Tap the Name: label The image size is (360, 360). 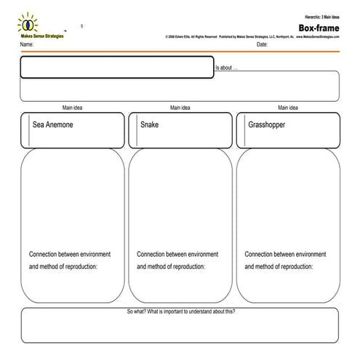[x=28, y=45]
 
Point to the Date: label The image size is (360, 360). [x=263, y=45]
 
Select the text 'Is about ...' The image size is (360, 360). [x=226, y=68]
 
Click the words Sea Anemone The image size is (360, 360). [x=53, y=124]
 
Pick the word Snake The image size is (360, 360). [x=149, y=124]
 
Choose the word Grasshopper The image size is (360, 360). [x=266, y=124]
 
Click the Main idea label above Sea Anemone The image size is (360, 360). [x=72, y=108]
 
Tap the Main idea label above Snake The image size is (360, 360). [x=180, y=108]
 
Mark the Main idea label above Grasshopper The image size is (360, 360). [x=288, y=108]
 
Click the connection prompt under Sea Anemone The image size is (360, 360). [x=70, y=260]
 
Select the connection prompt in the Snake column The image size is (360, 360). [x=177, y=260]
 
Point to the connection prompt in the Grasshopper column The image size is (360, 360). [x=286, y=260]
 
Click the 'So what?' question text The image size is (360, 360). [x=180, y=311]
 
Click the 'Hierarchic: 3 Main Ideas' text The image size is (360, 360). [x=321, y=16]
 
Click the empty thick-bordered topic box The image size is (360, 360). [x=116, y=67]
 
